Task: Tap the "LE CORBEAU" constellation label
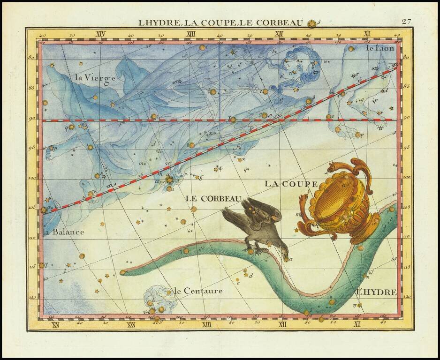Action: click(213, 198)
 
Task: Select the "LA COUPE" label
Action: click(284, 184)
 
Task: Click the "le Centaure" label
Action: click(198, 291)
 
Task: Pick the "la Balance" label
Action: click(63, 232)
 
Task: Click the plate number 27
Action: click(406, 22)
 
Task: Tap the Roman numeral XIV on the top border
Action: click(100, 34)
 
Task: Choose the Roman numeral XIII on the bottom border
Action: click(207, 324)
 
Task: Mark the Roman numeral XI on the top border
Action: click(367, 34)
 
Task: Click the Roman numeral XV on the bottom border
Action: click(55, 324)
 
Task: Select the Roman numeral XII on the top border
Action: click(280, 34)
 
